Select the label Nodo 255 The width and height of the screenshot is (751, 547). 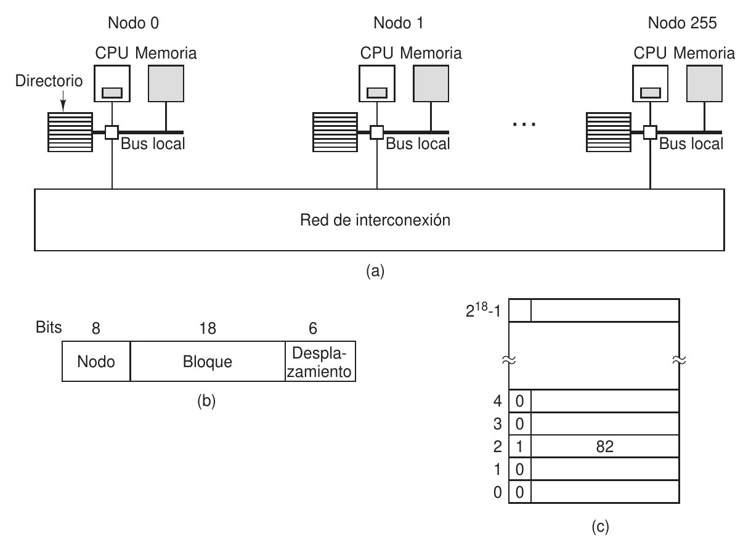coord(683,23)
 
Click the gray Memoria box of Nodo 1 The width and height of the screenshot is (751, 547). coord(431,83)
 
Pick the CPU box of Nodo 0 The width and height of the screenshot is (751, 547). coord(112,83)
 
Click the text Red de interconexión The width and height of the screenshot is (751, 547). coord(375,220)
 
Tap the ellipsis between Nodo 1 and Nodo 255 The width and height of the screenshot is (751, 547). coord(524,124)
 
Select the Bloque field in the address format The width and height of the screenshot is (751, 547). coord(208,361)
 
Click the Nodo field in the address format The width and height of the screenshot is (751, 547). coord(96,361)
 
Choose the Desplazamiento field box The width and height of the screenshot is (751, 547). coord(320,361)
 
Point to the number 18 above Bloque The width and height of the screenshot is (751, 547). coord(208,328)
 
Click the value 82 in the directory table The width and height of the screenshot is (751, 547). coord(604,447)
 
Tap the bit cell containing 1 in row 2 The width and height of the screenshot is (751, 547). coord(519,447)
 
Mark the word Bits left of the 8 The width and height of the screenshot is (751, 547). coord(47,327)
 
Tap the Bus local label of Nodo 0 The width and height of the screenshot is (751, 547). coord(153,144)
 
